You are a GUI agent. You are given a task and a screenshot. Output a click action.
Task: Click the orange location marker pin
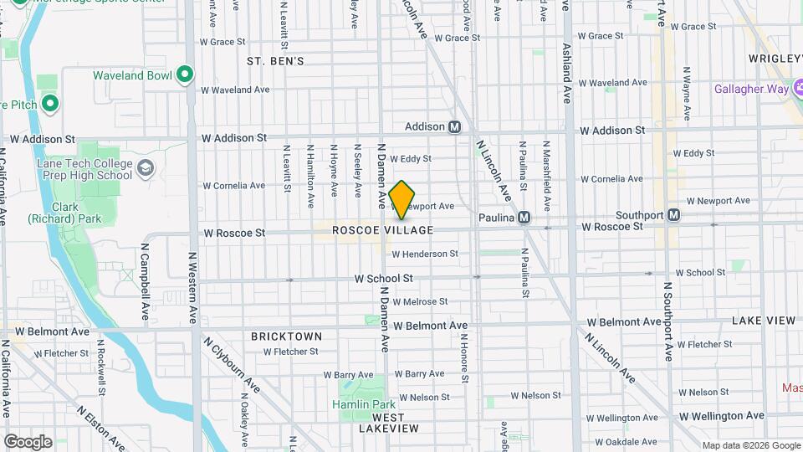[402, 200]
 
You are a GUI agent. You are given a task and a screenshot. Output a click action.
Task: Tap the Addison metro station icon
[455, 127]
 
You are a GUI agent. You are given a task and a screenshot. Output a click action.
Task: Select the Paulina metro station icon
[524, 218]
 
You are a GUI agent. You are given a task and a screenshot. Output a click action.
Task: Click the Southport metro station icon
[673, 215]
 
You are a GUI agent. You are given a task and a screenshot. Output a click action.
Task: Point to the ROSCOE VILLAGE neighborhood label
[383, 230]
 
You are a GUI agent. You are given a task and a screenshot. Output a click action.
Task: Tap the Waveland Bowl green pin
[185, 75]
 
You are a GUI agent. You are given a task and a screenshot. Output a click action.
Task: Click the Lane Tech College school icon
[146, 169]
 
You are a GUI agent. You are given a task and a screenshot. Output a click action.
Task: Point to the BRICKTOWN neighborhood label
[287, 336]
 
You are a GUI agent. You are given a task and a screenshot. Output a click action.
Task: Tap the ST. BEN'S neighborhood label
[275, 61]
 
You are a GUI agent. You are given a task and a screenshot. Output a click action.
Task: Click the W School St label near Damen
[384, 278]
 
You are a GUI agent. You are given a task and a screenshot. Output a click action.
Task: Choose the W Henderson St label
[425, 254]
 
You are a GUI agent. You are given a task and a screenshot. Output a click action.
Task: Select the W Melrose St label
[420, 301]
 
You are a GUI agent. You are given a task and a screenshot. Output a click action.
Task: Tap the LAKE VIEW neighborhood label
[763, 321]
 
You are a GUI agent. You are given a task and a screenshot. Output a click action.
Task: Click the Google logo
[28, 441]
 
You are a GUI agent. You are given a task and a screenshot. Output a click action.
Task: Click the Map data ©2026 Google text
[750, 445]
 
